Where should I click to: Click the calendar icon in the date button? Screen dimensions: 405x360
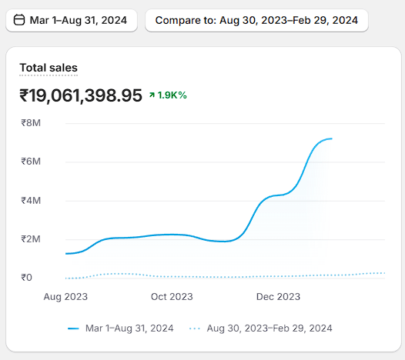(x=19, y=20)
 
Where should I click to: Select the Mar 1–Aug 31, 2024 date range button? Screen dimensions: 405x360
(x=72, y=21)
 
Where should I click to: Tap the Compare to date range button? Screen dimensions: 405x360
(x=256, y=21)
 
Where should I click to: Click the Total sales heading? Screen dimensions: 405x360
(x=49, y=68)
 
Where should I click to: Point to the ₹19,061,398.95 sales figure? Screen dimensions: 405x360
(x=81, y=95)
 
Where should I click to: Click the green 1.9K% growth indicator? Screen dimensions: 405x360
(x=168, y=95)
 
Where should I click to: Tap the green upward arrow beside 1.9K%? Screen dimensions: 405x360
(x=152, y=95)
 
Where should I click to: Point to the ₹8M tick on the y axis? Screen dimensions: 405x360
(x=31, y=123)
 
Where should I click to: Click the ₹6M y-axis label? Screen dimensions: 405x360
(x=31, y=162)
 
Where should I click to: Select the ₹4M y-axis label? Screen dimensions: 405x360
(x=31, y=201)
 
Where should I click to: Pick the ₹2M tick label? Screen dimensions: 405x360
(x=31, y=239)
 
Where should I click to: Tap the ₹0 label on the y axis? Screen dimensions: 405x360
(x=27, y=278)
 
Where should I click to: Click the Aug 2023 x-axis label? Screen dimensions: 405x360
(x=65, y=297)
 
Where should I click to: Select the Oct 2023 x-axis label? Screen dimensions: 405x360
(x=172, y=297)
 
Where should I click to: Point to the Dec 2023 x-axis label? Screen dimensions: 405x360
(x=278, y=297)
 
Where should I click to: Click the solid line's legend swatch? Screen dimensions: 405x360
(x=73, y=328)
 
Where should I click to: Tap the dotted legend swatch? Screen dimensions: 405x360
(x=195, y=328)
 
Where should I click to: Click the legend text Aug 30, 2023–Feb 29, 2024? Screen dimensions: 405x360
(x=269, y=328)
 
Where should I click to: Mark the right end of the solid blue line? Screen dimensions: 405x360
(x=332, y=138)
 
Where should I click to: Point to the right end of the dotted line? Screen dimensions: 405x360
(x=384, y=273)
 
